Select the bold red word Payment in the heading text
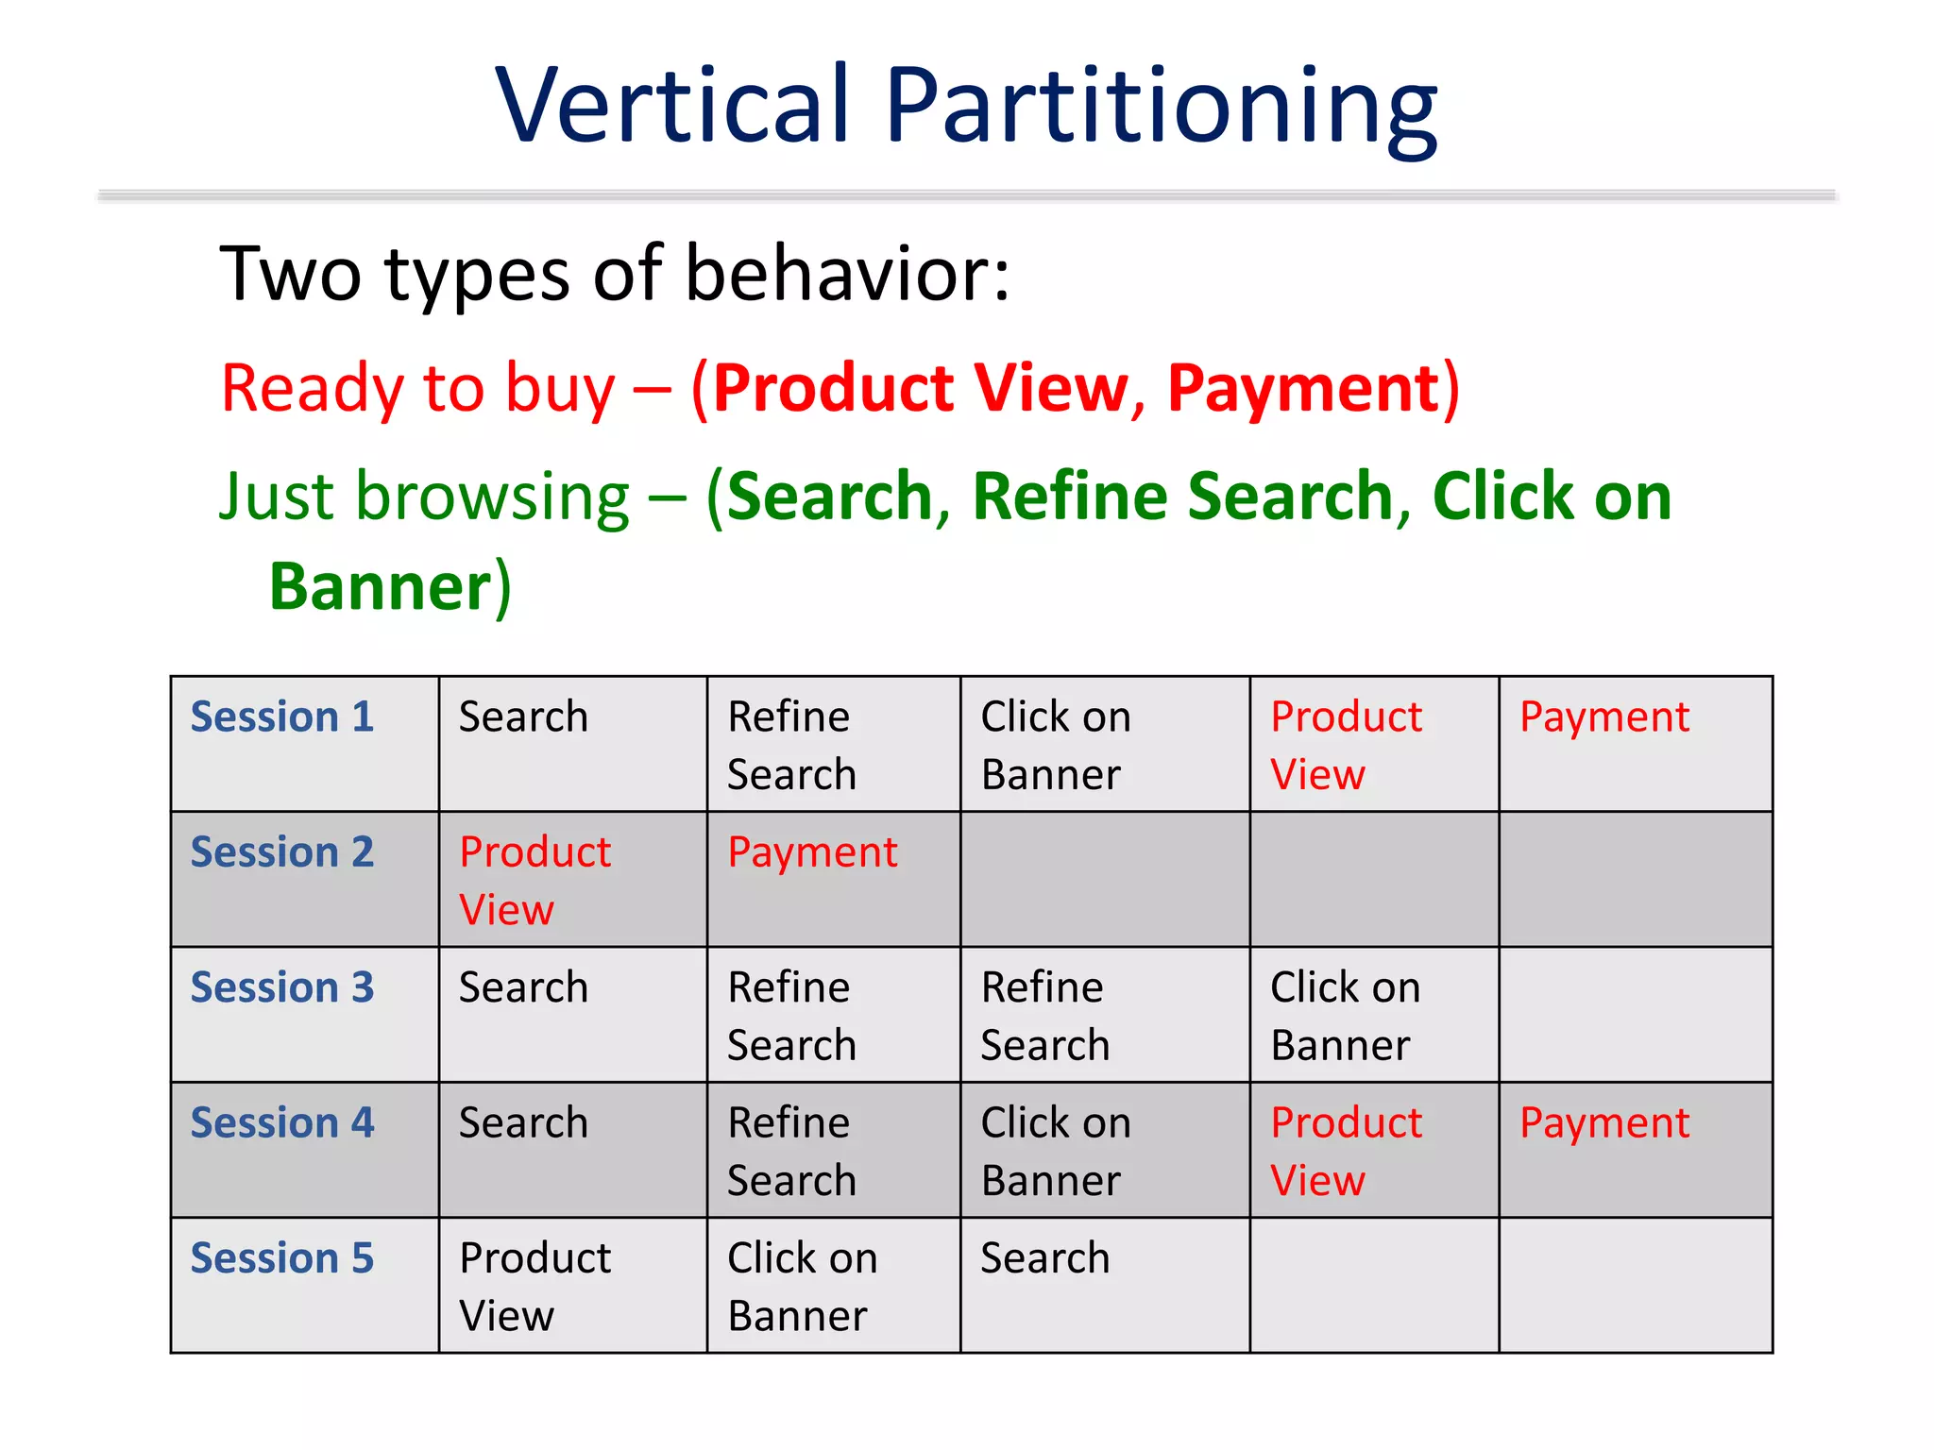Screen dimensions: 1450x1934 click(x=1302, y=388)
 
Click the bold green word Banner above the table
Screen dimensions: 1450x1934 click(x=380, y=587)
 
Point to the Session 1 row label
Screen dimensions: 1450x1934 click(x=282, y=717)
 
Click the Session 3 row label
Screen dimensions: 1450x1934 click(x=282, y=987)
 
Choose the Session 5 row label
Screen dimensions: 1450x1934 click(x=282, y=1258)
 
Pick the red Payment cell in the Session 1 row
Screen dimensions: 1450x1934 click(x=1603, y=717)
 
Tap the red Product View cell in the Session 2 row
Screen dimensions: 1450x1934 click(x=534, y=880)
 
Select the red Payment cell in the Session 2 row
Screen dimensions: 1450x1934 click(x=812, y=852)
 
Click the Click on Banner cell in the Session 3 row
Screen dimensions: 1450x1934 click(x=1344, y=1016)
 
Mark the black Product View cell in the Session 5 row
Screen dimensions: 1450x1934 click(x=534, y=1286)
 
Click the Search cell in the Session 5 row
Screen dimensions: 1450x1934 click(x=1044, y=1258)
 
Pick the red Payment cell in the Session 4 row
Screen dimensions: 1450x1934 click(x=1603, y=1123)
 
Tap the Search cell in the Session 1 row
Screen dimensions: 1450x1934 click(x=523, y=717)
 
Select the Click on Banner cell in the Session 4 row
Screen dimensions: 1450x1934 click(x=1055, y=1151)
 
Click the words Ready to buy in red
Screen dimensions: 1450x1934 click(x=417, y=388)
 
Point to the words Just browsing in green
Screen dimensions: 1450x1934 click(x=424, y=497)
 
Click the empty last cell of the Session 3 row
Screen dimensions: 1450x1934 click(x=1635, y=1015)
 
